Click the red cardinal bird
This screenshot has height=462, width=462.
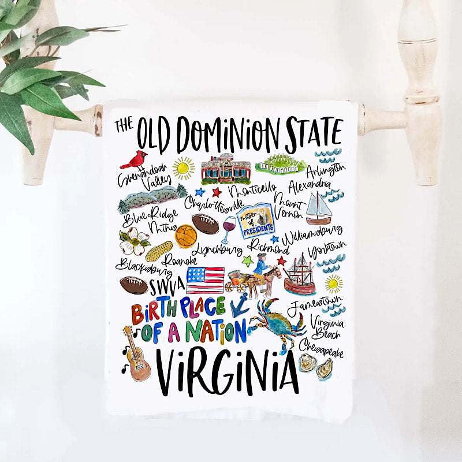coord(137,159)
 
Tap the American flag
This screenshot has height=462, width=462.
coord(205,280)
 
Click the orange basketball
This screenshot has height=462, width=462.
coord(186,236)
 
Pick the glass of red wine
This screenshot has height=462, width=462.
coord(229,229)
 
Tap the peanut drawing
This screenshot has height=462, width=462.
coord(159,251)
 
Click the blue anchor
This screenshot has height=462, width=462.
coord(240,304)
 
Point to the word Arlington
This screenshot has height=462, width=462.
coord(326,170)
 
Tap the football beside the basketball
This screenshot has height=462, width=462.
coord(206,224)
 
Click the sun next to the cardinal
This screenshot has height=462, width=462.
coord(184,167)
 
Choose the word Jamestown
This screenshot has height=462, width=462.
coord(315,307)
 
